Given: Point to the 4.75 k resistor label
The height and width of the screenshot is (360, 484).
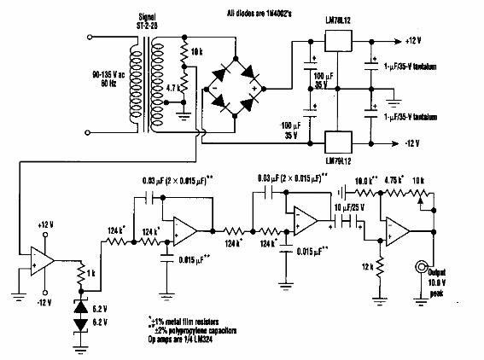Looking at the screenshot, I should pyautogui.click(x=394, y=181).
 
